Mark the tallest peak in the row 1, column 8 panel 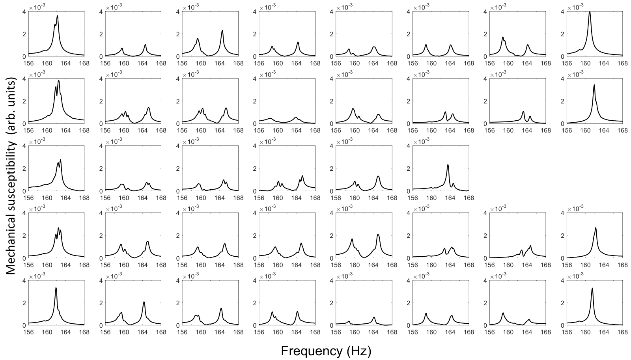pos(590,12)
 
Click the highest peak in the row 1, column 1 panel pos(57,16)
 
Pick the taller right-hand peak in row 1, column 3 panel pos(222,31)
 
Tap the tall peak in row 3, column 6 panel pos(448,165)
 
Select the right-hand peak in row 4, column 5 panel pos(378,235)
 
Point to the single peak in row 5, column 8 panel pos(592,289)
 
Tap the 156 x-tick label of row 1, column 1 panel pos(28,63)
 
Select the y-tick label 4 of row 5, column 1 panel pos(24,281)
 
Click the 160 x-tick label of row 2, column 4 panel pos(278,131)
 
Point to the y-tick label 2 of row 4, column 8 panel pos(562,235)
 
